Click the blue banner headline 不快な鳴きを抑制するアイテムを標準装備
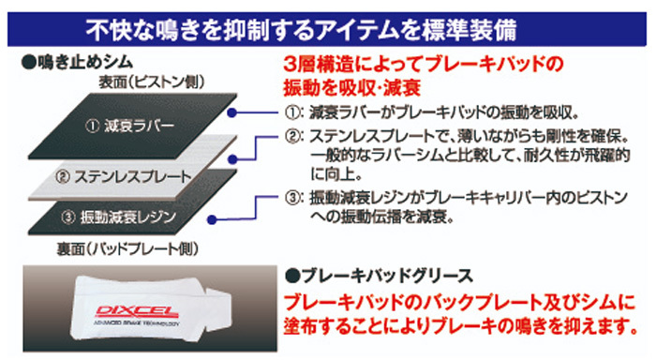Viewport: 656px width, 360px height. tap(301, 30)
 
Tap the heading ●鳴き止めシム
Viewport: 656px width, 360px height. tap(77, 63)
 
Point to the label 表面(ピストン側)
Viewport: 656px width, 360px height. tap(152, 82)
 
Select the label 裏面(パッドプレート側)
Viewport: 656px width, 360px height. tap(127, 249)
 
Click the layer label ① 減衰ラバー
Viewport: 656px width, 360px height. tap(129, 126)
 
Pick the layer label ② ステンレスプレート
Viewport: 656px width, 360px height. tap(124, 176)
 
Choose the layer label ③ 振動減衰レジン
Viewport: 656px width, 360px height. tap(118, 217)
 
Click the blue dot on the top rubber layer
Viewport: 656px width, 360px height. tap(232, 112)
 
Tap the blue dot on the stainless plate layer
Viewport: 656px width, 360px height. tap(233, 159)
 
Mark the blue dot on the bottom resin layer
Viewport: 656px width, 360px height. tap(212, 219)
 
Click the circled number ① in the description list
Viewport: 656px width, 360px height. tap(292, 112)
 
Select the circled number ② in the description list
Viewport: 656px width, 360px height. tap(292, 136)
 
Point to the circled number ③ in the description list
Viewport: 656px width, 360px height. tap(292, 197)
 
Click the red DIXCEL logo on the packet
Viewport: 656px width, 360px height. tap(137, 311)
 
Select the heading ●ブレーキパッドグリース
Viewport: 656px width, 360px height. tap(379, 276)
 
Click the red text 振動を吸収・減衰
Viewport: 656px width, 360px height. tap(351, 88)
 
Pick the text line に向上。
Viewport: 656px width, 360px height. tap(336, 174)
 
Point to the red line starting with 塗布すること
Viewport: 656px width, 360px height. tap(461, 325)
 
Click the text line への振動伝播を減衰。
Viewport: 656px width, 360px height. tap(382, 217)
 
